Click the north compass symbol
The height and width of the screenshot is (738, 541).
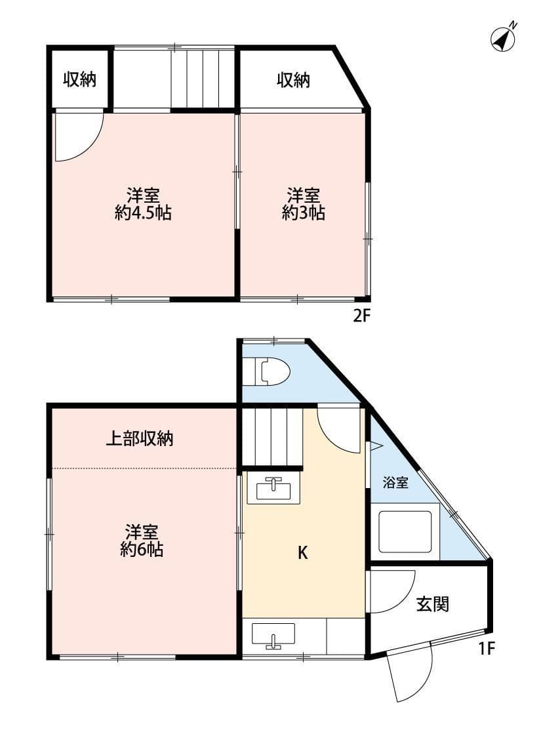[502, 39]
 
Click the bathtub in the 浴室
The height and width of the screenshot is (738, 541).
[405, 531]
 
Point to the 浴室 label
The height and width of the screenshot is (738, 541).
[395, 483]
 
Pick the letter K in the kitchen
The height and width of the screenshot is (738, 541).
[302, 553]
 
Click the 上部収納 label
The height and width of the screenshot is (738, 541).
[140, 439]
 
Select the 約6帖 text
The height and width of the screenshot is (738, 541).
[142, 550]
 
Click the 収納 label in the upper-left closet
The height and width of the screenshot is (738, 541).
[79, 80]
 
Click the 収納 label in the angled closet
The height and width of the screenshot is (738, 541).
[292, 80]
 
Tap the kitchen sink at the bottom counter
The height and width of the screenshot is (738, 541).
[273, 636]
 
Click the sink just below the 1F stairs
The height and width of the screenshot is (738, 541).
[273, 490]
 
